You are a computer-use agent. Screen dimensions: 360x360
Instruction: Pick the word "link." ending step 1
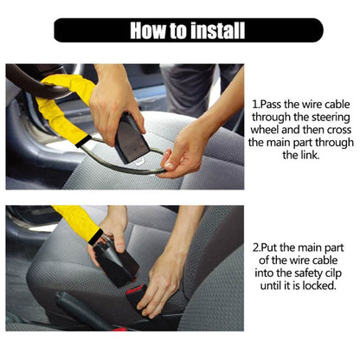click(x=304, y=156)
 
